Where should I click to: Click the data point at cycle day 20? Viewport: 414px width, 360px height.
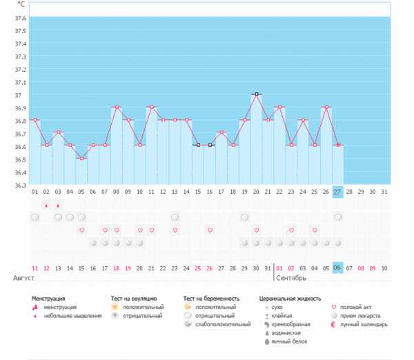click(256, 94)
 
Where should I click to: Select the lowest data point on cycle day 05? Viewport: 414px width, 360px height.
click(81, 159)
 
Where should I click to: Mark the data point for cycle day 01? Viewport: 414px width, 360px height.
click(34, 120)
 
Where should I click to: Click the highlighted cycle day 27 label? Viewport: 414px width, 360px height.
click(337, 192)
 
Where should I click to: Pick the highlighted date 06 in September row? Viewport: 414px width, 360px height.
click(337, 268)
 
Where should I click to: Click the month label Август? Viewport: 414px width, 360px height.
click(23, 277)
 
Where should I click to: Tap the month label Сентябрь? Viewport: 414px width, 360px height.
click(290, 277)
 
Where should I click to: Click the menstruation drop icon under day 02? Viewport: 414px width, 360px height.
click(46, 205)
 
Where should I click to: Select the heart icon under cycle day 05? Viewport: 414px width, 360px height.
click(81, 230)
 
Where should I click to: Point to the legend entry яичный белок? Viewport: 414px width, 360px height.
click(288, 341)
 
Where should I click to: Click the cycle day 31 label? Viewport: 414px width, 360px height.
click(384, 192)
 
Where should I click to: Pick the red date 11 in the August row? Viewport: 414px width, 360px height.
click(34, 268)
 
